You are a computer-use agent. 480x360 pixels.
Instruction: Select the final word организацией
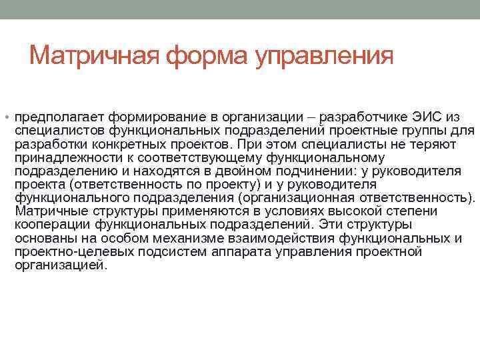60,265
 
